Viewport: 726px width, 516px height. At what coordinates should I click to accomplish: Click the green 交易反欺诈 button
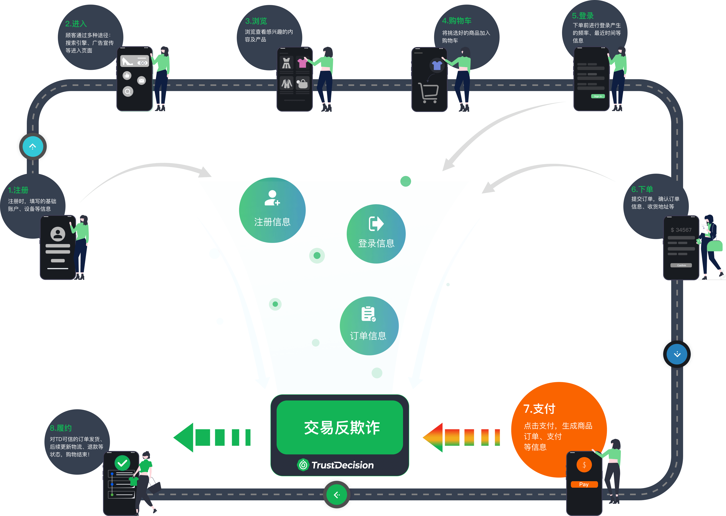pyautogui.click(x=340, y=427)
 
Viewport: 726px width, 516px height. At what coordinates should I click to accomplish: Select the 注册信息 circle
pyautogui.click(x=272, y=210)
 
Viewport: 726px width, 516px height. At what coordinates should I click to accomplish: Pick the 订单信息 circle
pyautogui.click(x=369, y=326)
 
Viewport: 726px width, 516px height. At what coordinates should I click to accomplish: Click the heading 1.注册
pyautogui.click(x=18, y=190)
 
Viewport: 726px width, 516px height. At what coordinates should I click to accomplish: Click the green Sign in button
pyautogui.click(x=598, y=96)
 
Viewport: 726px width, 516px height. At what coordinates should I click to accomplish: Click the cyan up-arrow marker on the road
pyautogui.click(x=33, y=146)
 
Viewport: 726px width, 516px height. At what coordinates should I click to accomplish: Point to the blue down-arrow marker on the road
pyautogui.click(x=677, y=354)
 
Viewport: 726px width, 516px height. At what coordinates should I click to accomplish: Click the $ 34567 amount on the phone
pyautogui.click(x=681, y=230)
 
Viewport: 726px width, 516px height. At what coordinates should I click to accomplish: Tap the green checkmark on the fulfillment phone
pyautogui.click(x=122, y=463)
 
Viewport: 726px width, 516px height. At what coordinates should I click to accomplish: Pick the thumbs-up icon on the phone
pyautogui.click(x=127, y=75)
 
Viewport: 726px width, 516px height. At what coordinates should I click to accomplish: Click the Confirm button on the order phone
pyautogui.click(x=681, y=265)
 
